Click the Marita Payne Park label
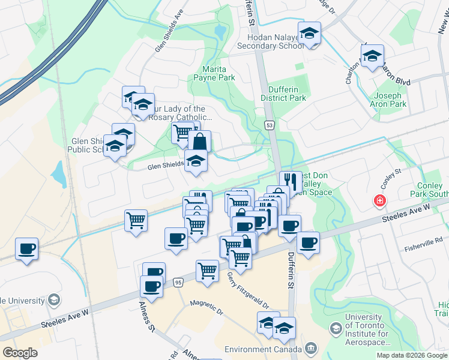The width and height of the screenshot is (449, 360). [214, 73]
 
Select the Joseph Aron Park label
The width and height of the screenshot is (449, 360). [390, 100]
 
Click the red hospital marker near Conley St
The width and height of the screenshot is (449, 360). [379, 201]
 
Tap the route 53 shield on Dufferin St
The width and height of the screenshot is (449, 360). [270, 125]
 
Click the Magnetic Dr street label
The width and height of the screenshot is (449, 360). [206, 308]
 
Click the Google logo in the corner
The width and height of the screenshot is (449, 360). [20, 352]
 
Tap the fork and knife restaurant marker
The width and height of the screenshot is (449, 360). [291, 181]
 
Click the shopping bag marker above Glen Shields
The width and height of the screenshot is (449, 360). [200, 142]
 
